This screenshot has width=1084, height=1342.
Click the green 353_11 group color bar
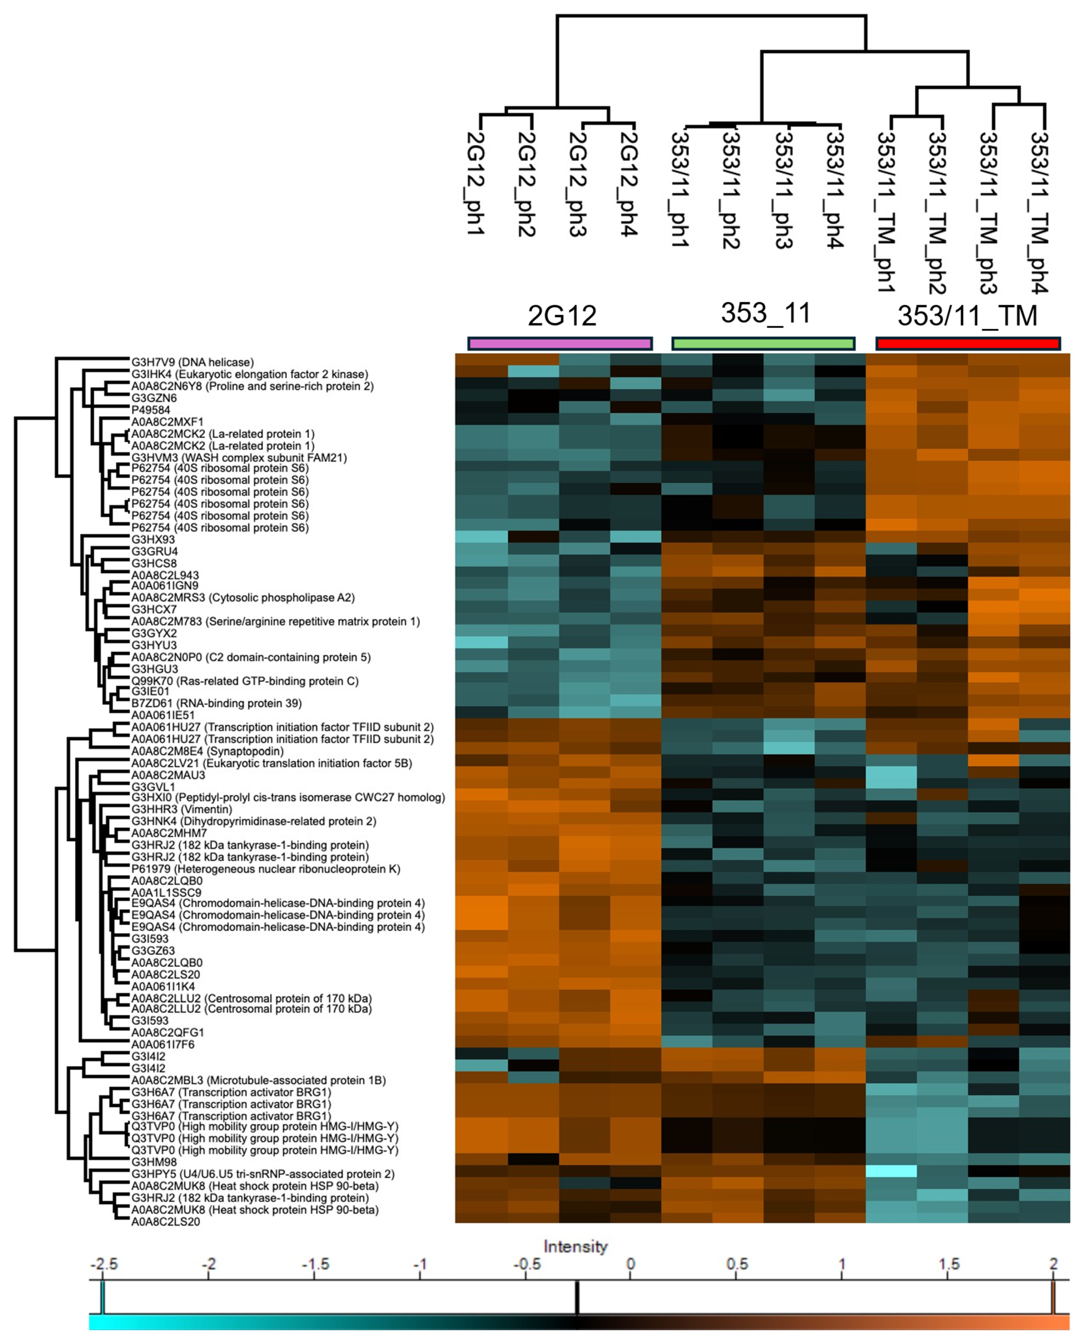click(x=763, y=343)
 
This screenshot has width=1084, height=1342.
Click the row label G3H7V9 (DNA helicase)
click(x=192, y=362)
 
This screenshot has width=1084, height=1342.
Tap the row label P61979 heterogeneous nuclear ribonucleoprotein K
click(x=265, y=869)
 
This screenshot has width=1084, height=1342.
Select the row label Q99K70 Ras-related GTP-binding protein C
click(x=245, y=681)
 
